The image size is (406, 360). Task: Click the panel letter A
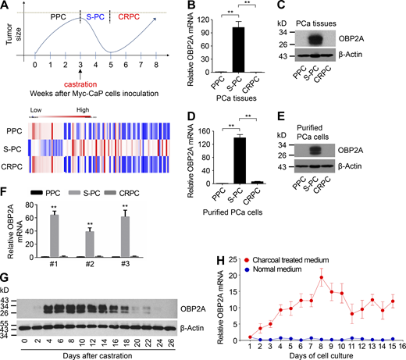[x=6, y=6]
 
